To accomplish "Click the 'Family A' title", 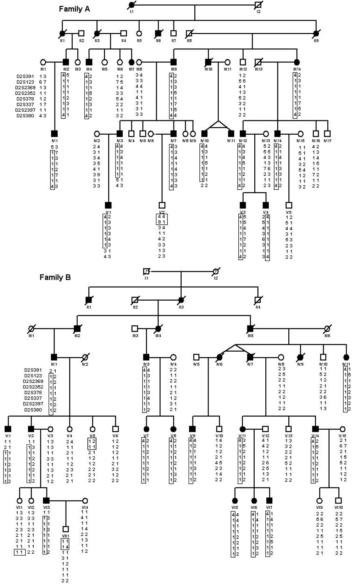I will coord(74,9).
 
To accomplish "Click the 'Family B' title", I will coord(55,277).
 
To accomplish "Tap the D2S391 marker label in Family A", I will coord(26,76).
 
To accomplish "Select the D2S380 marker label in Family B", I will coord(33,410).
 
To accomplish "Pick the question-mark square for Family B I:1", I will coord(146,272).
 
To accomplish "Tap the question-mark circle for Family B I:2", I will coord(216,272).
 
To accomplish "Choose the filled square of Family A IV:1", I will coord(54,134).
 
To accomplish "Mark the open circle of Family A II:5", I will coord(139,34).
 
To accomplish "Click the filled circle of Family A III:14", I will coord(297,62).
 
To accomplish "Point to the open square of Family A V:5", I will coord(289,205).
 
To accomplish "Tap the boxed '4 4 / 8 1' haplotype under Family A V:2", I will coord(161,219).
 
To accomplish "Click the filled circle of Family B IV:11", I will coord(346,357).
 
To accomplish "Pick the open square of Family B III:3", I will coord(135,329).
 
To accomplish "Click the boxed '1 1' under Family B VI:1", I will coord(20,552).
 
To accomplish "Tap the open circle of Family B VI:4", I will coord(85,501).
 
